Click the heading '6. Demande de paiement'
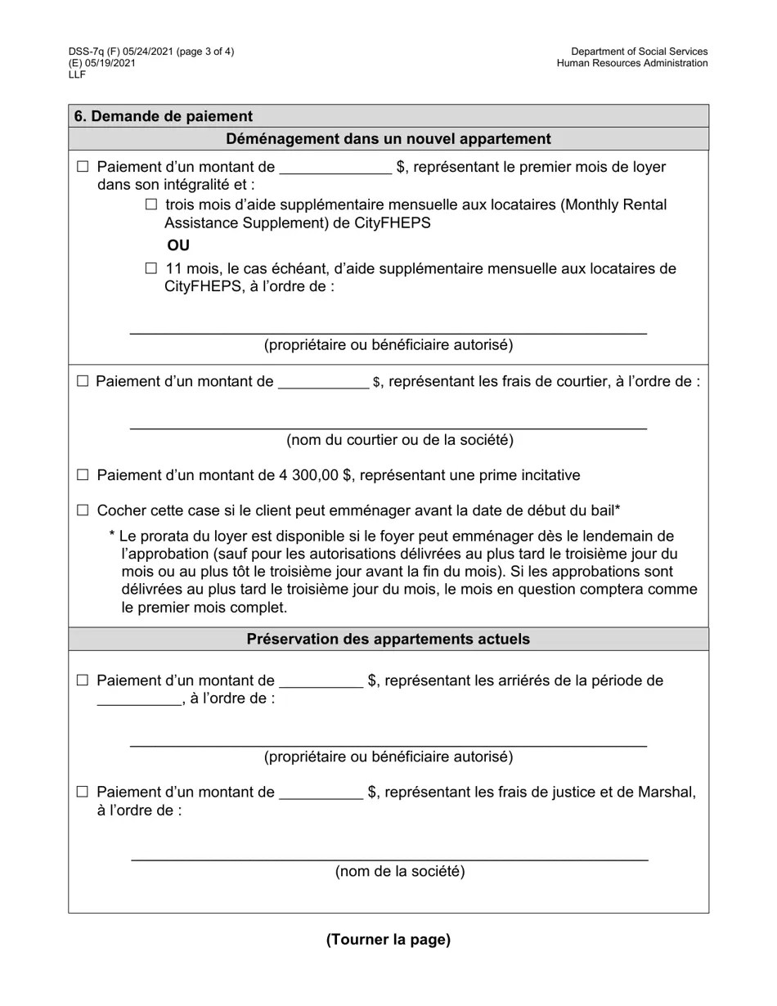pos(164,116)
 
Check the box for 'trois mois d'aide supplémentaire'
pos(150,204)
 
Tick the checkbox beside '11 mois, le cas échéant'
pos(150,268)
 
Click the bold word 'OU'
pos(178,245)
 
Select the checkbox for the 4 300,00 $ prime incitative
pos(82,475)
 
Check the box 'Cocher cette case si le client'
pos(82,510)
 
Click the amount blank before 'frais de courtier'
pos(323,382)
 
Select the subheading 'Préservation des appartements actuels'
pos(388,639)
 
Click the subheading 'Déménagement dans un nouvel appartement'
pos(388,139)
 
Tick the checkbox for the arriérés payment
pos(82,680)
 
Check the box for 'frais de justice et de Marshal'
pos(82,792)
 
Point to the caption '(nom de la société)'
pos(400,871)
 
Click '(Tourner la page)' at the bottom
pos(388,940)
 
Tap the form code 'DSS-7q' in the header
pos(87,52)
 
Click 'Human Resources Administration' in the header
pos(632,64)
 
